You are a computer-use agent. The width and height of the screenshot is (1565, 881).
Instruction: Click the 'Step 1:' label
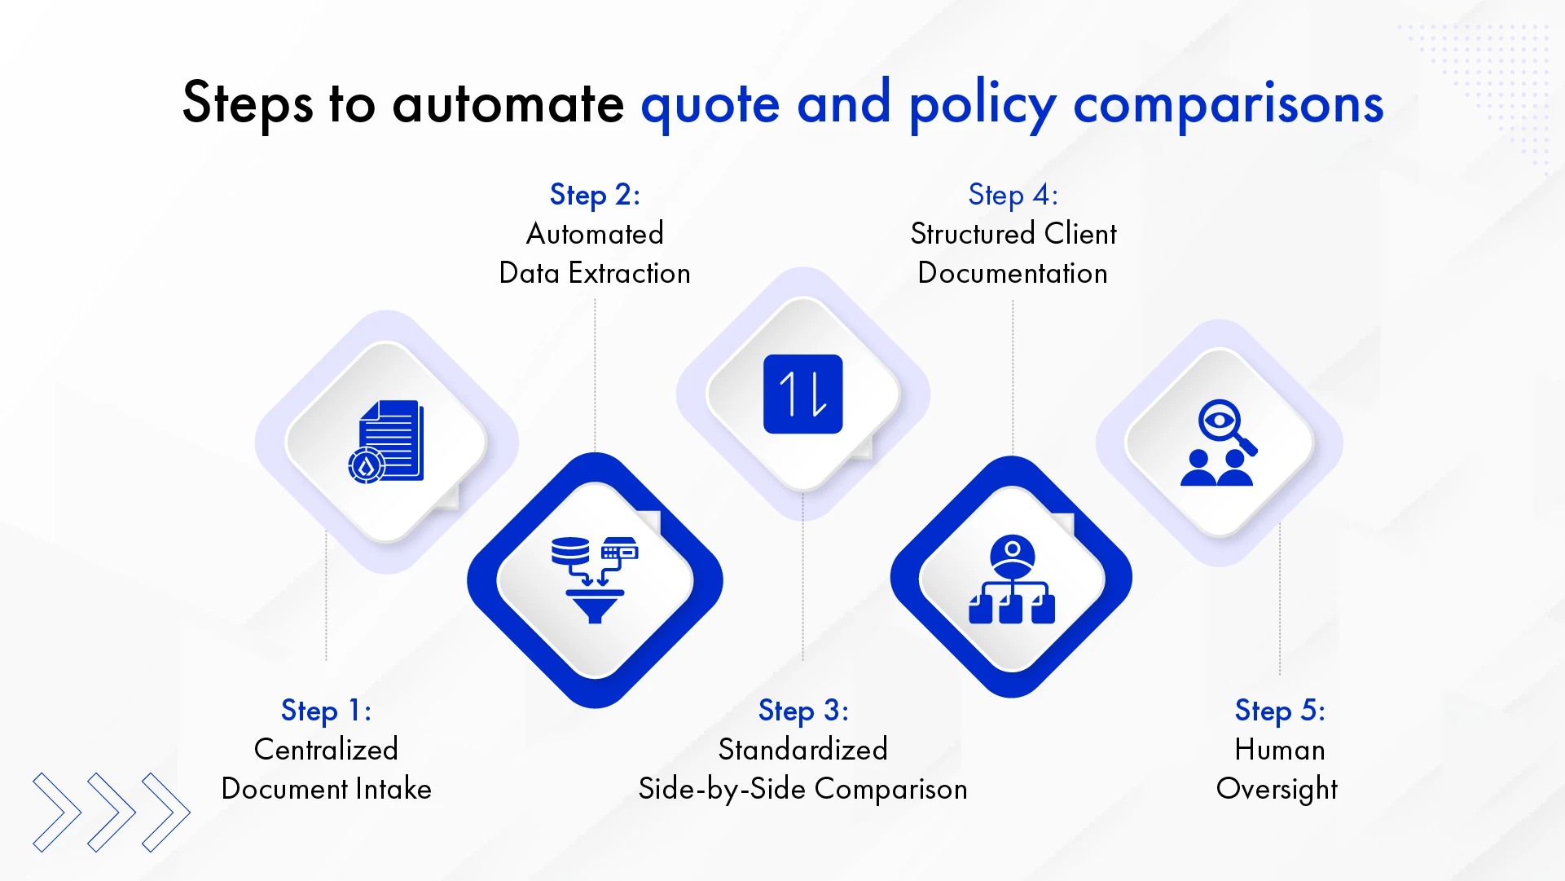[x=326, y=710]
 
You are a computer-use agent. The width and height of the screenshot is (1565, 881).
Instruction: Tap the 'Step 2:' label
[x=595, y=195]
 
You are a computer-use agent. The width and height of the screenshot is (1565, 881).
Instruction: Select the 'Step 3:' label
[x=803, y=710]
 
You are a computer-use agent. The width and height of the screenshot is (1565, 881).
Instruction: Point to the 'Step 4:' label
[x=1013, y=195]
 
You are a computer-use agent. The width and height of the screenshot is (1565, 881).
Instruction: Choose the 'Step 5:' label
[x=1279, y=710]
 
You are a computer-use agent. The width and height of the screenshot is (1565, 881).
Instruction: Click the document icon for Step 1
[x=387, y=442]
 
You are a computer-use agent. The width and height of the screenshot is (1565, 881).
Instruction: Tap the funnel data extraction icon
[x=595, y=579]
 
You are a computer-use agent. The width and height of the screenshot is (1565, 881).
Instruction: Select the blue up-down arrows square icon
[x=802, y=394]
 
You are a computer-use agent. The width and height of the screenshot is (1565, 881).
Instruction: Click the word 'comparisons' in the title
[x=1228, y=104]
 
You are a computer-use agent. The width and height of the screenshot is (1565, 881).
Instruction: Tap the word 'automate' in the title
[x=508, y=104]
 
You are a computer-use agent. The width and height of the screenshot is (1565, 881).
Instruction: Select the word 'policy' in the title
[x=982, y=104]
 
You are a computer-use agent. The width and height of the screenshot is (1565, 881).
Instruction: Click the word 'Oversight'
[x=1277, y=788]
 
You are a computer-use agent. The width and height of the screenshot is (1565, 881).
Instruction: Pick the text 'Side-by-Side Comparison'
[x=802, y=788]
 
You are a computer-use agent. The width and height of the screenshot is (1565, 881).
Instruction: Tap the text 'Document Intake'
[x=326, y=788]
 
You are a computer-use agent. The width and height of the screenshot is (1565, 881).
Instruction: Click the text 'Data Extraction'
[x=595, y=273]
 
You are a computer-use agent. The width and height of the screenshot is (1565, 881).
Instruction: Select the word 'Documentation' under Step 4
[x=1013, y=273]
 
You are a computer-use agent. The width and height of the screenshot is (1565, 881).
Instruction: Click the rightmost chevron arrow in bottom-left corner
[x=167, y=812]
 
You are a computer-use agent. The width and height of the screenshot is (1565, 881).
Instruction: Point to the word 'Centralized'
[x=326, y=749]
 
